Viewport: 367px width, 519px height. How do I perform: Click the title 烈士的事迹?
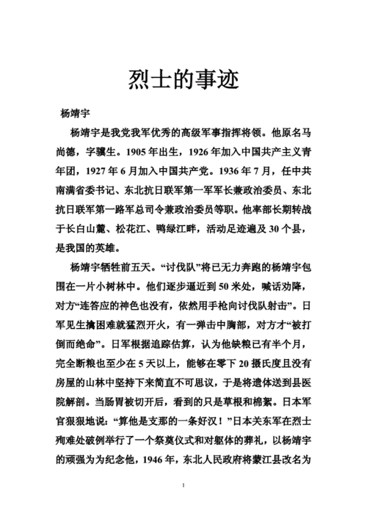click(x=183, y=77)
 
